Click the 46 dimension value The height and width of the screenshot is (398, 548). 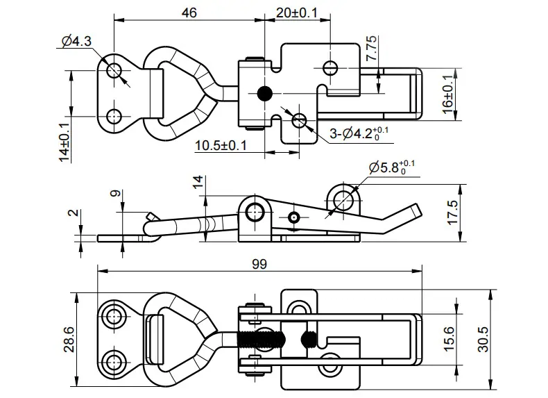pos(189,13)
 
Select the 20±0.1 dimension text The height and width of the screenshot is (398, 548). pos(297,13)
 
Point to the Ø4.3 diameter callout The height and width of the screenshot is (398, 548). pos(76,41)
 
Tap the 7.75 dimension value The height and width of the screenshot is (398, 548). pos(371,48)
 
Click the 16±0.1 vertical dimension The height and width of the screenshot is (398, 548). pos(448,94)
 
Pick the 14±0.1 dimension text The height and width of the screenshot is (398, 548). pos(65,142)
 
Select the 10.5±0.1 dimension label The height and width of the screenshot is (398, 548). pos(221,145)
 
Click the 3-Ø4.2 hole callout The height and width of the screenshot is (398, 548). pos(359,133)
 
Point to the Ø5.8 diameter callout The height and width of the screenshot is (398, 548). pos(392,167)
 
